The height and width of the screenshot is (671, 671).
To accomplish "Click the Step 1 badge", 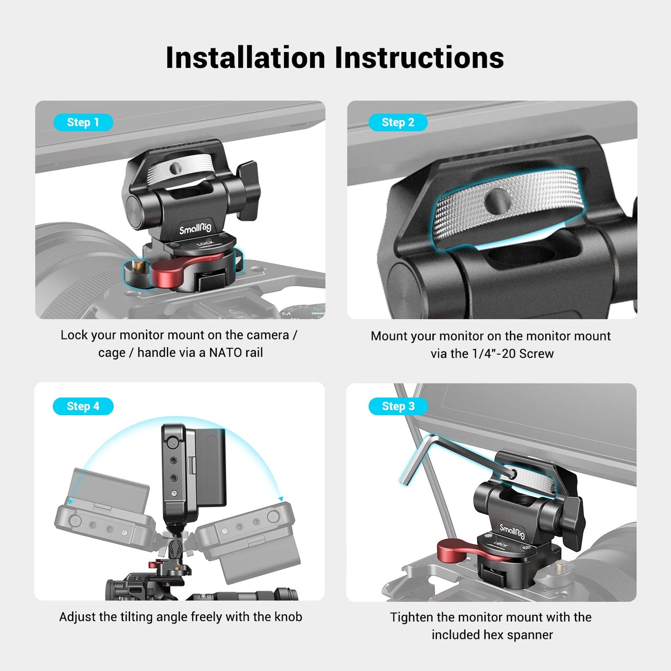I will (83, 122).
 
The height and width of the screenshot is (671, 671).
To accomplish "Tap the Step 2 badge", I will (397, 122).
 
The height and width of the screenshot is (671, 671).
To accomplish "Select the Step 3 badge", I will (397, 406).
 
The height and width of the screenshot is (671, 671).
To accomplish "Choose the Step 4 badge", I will (83, 406).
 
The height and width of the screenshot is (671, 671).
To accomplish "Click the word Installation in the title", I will (245, 58).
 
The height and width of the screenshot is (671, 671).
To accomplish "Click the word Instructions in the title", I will (419, 58).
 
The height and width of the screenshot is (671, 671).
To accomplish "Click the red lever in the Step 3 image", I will (457, 550).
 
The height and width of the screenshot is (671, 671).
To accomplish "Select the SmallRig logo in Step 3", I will (512, 530).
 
